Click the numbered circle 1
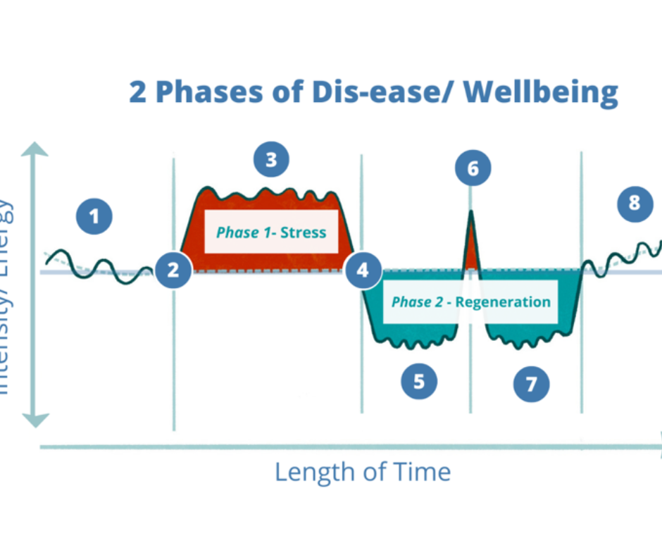click(x=95, y=217)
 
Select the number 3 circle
click(x=271, y=161)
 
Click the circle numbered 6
click(x=472, y=169)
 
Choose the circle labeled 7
click(x=531, y=384)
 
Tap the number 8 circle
click(x=634, y=204)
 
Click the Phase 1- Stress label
click(x=271, y=232)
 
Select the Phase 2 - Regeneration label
click(x=470, y=301)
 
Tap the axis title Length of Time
click(x=362, y=471)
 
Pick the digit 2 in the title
click(x=138, y=92)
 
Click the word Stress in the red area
click(x=304, y=232)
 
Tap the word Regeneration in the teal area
click(x=504, y=301)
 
